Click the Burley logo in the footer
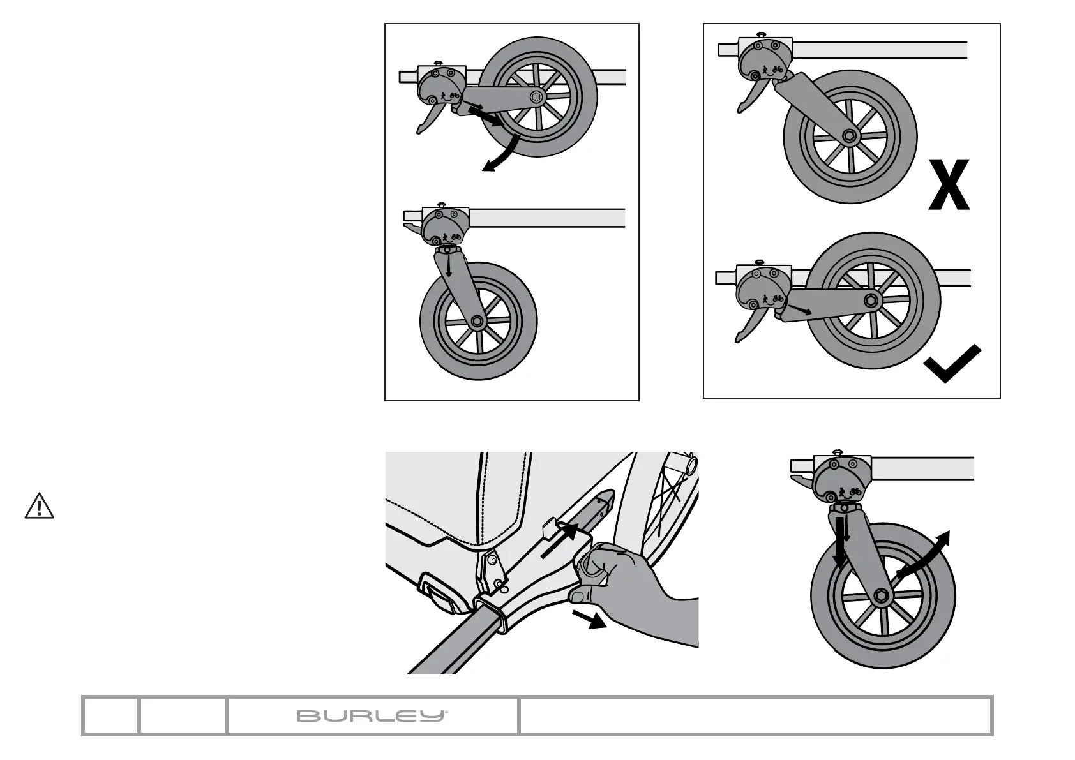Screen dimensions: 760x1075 372,716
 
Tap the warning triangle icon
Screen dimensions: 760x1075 40,506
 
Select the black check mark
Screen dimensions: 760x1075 952,363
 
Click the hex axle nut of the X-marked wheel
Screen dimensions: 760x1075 849,135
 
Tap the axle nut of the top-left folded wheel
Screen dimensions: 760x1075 536,98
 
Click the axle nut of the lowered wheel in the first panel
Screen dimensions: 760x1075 476,321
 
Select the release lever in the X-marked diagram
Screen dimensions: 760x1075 746,99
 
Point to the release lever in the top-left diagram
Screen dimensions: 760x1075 426,121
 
